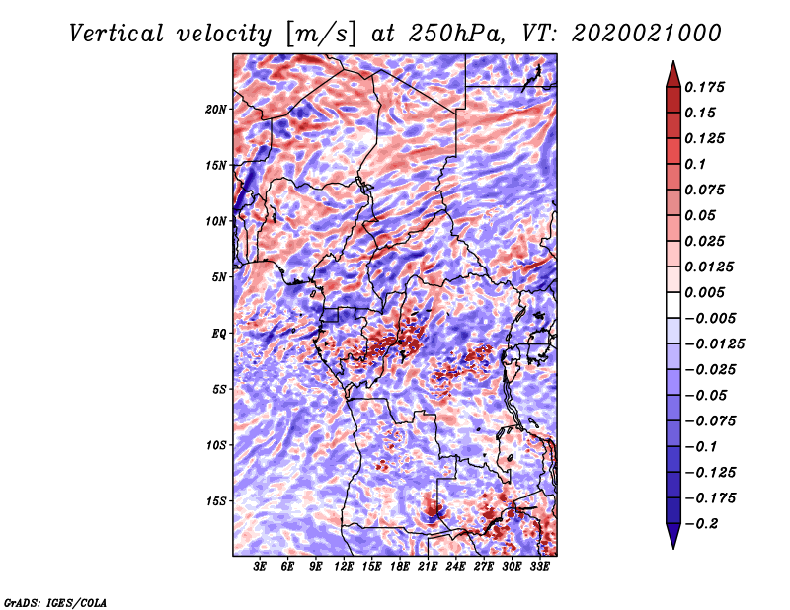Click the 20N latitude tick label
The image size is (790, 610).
point(216,109)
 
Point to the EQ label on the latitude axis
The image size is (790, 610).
point(219,334)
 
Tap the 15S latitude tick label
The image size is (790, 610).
point(217,501)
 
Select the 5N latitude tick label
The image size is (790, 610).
point(219,277)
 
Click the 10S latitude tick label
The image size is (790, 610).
point(217,445)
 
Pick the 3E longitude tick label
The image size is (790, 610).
point(261,567)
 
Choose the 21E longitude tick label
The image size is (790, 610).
point(429,567)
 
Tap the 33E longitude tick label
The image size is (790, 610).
point(540,567)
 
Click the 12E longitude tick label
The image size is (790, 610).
point(345,567)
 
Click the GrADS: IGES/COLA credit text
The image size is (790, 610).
point(55,601)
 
